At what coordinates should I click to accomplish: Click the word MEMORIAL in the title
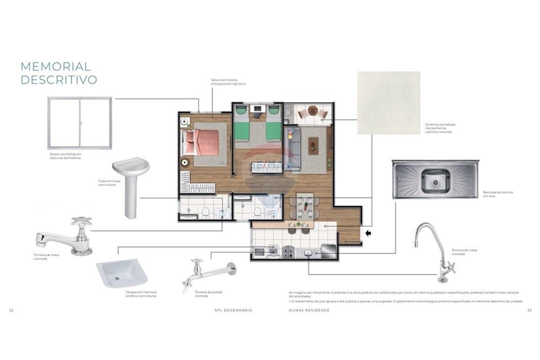[x=56, y=66]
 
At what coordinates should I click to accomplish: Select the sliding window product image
[x=79, y=123]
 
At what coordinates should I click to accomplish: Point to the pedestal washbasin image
[x=131, y=186]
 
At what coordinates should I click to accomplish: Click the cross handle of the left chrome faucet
[x=82, y=222]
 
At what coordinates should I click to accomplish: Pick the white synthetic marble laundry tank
[x=122, y=273]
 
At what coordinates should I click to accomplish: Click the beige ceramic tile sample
[x=388, y=103]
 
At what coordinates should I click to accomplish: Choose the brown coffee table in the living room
[x=313, y=145]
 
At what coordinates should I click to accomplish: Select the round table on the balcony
[x=313, y=111]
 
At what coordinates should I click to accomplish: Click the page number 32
[x=11, y=310]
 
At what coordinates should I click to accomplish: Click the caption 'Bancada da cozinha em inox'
[x=498, y=194]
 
